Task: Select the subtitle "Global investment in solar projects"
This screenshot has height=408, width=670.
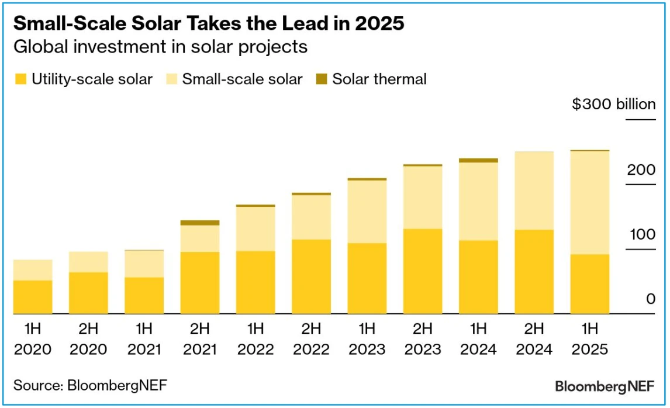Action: pos(160,47)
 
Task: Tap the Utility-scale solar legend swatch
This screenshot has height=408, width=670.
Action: pos(20,79)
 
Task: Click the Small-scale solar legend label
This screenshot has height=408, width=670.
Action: pos(242,79)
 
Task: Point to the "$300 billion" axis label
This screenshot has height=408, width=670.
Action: pos(613,105)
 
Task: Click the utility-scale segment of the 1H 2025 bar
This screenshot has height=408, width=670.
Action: pos(590,284)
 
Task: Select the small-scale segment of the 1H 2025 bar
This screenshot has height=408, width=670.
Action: pos(590,203)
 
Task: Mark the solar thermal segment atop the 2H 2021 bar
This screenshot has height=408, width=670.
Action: pos(200,223)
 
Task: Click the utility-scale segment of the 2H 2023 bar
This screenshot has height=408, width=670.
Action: pos(423,271)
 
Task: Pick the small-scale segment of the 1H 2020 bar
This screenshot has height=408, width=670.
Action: pos(33,270)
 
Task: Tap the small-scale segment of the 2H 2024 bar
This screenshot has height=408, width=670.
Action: pos(534,191)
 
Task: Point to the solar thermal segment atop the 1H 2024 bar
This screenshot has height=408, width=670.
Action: pos(478,160)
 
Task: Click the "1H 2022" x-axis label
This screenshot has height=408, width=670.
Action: pos(255,338)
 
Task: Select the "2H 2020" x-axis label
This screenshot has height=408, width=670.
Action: pos(88,338)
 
